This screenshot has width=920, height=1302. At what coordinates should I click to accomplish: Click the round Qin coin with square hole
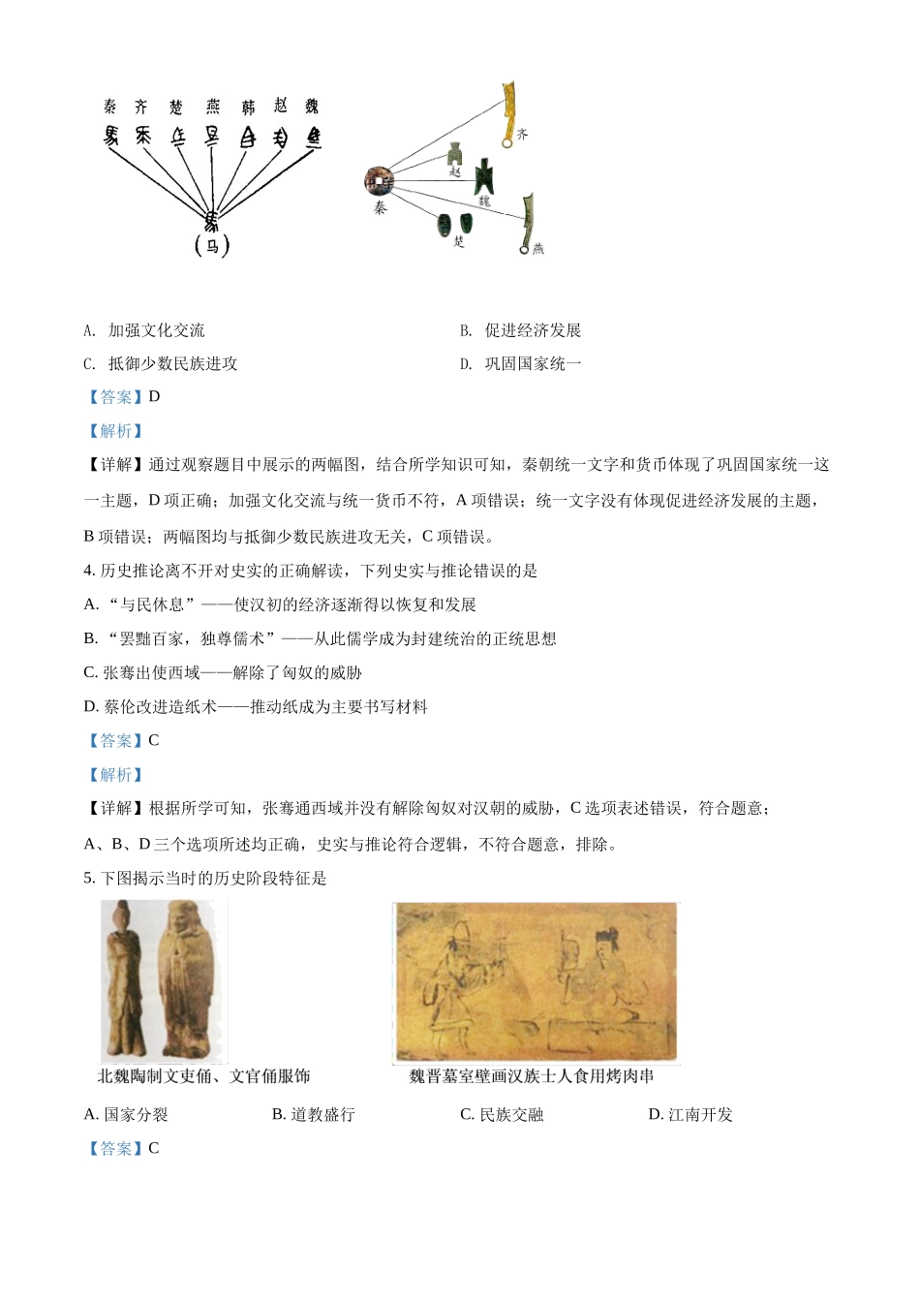coord(379,180)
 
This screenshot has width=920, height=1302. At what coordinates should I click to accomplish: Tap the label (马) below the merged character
coord(212,246)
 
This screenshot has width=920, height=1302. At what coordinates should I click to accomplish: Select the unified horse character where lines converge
coord(211,219)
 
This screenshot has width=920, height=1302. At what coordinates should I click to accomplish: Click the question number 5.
coord(89,879)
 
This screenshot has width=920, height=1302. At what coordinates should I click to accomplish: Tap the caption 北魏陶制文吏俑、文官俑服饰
coord(204,1076)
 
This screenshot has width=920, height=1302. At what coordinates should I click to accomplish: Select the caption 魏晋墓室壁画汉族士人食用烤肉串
coord(532,1076)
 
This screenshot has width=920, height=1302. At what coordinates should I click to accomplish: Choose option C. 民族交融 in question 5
coord(502,1115)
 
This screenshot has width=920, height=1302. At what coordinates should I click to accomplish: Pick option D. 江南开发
coord(690,1115)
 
